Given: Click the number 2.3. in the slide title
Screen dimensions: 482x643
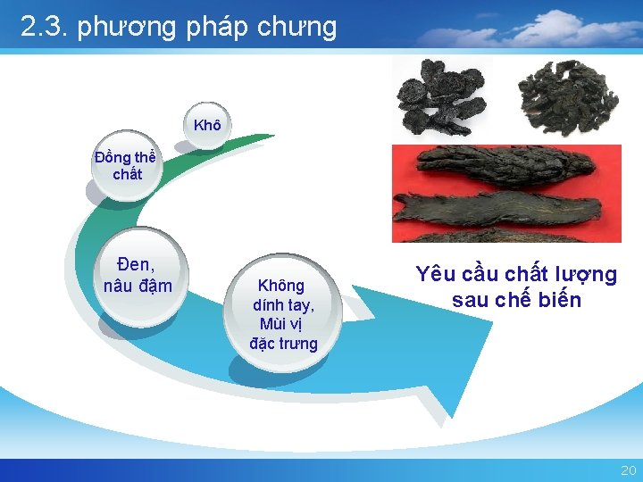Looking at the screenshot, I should tap(45, 27).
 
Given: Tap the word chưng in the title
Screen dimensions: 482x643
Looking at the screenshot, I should tap(297, 29).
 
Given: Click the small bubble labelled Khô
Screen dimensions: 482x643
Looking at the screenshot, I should tap(206, 125).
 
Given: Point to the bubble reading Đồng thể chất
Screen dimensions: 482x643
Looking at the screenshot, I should tap(126, 166).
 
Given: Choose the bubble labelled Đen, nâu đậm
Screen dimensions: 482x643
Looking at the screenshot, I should tap(138, 274).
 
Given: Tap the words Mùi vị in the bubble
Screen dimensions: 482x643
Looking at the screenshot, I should tap(283, 323).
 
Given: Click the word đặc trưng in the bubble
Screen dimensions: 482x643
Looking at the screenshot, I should tap(283, 344).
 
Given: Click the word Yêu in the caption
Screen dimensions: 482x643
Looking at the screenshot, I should tap(434, 275).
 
